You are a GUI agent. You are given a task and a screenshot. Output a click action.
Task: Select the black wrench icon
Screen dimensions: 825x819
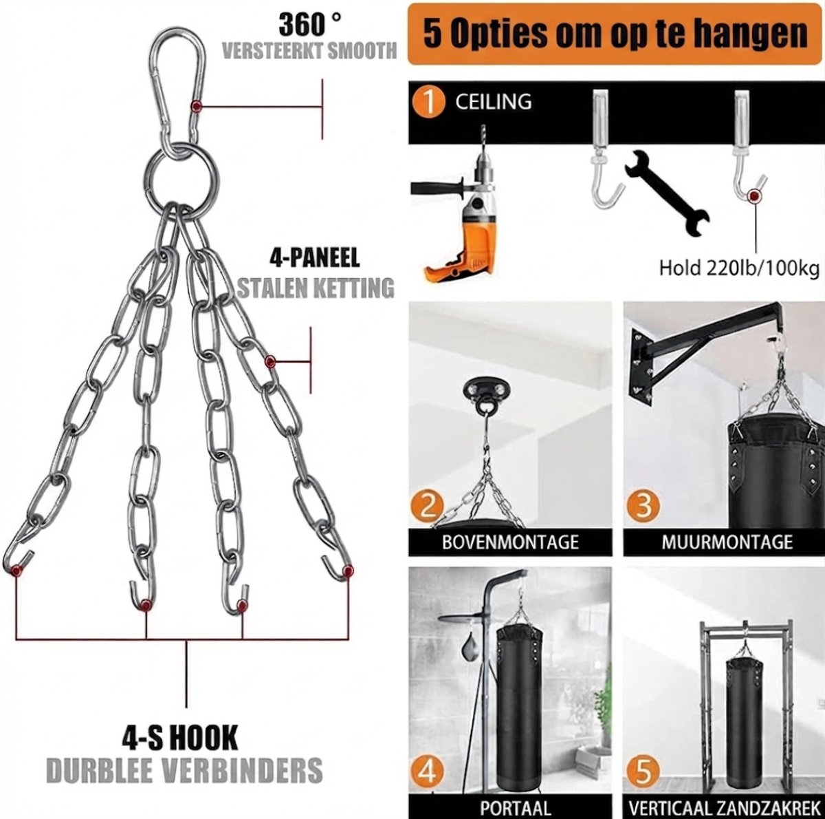pos(666,194)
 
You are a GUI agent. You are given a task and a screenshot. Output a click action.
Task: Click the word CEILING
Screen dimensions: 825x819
pos(493,102)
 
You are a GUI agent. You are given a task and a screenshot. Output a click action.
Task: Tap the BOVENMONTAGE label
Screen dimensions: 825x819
pos(510,542)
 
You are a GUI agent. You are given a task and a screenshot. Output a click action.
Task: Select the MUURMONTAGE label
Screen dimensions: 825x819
pos(727,542)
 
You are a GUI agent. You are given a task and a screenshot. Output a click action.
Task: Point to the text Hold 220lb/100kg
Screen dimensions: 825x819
pos(739,268)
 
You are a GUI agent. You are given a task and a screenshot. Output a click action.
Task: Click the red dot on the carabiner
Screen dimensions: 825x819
pos(197,105)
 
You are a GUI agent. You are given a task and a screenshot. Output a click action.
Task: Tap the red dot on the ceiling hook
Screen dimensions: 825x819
pos(754,196)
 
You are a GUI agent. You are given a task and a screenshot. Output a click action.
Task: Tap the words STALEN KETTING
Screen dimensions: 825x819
pos(316,288)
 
